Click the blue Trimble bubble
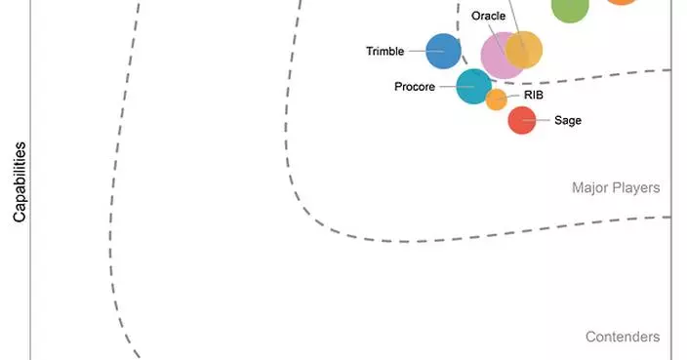pos(443,52)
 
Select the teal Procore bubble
pos(473,86)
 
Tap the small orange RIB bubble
pos(497,100)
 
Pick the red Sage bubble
pos(522,120)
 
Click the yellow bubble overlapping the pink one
pos(524,50)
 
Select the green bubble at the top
pos(570,9)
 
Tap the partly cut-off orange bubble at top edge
pos(622,2)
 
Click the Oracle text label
pos(488,16)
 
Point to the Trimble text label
pos(385,52)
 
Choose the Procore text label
pos(415,87)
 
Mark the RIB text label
pos(534,95)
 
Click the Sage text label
pos(568,120)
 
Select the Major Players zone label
pos(616,188)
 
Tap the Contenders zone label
pos(623,337)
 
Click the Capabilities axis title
pos(20,181)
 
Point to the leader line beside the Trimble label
pos(425,52)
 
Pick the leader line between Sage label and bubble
pos(536,120)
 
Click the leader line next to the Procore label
pos(457,87)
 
